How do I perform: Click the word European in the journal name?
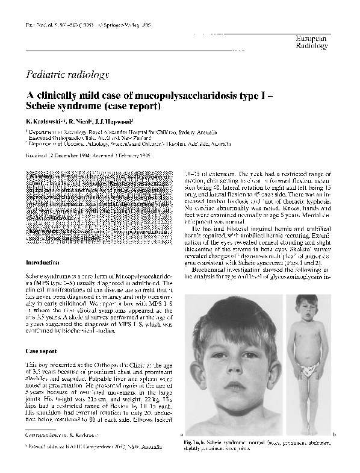pos(312,38)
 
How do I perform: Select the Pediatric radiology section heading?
pos(67,75)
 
